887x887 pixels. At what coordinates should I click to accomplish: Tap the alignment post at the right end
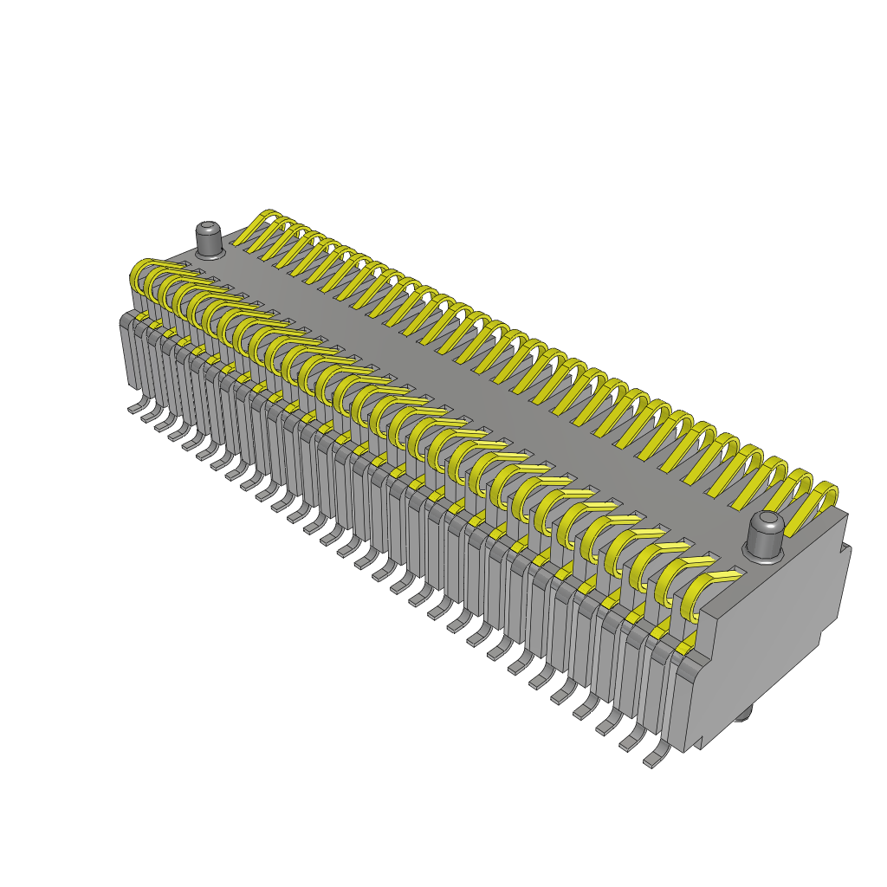click(766, 537)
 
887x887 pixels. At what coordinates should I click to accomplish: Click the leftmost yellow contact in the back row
click(259, 227)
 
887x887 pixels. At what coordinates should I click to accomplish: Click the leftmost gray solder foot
click(135, 406)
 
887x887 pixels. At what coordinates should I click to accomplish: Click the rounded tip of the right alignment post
click(767, 522)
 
